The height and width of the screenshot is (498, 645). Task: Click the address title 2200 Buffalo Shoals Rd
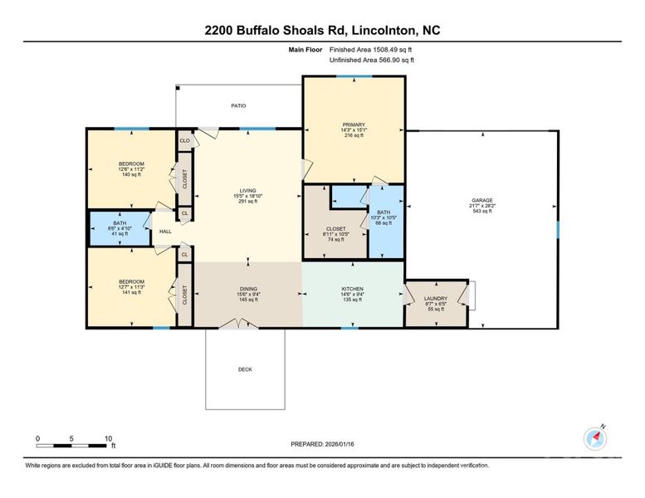click(x=322, y=31)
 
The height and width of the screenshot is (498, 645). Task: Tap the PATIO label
click(x=238, y=105)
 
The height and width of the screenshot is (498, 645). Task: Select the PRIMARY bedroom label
click(x=354, y=124)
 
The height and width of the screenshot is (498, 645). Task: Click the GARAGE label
click(x=481, y=200)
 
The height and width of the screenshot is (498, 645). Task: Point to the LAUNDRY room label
click(x=436, y=299)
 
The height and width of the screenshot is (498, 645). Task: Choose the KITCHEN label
click(x=353, y=289)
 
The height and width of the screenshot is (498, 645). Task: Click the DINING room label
click(x=247, y=289)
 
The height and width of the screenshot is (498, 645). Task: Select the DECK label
click(x=245, y=369)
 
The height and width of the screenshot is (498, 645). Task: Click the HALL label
click(x=165, y=232)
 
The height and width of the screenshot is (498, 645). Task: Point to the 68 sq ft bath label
click(x=387, y=213)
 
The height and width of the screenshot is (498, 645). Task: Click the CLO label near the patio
click(x=184, y=141)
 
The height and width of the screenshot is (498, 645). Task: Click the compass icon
click(x=596, y=438)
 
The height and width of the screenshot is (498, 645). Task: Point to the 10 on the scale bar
click(x=108, y=437)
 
